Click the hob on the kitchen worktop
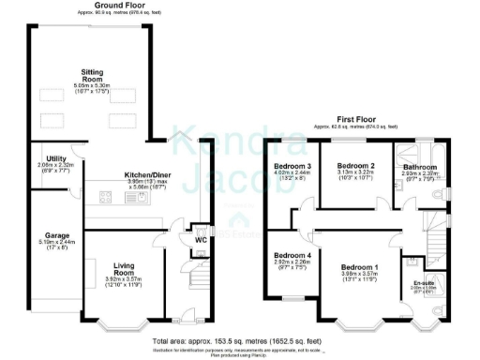point(106,197)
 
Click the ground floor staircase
point(197,277)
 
